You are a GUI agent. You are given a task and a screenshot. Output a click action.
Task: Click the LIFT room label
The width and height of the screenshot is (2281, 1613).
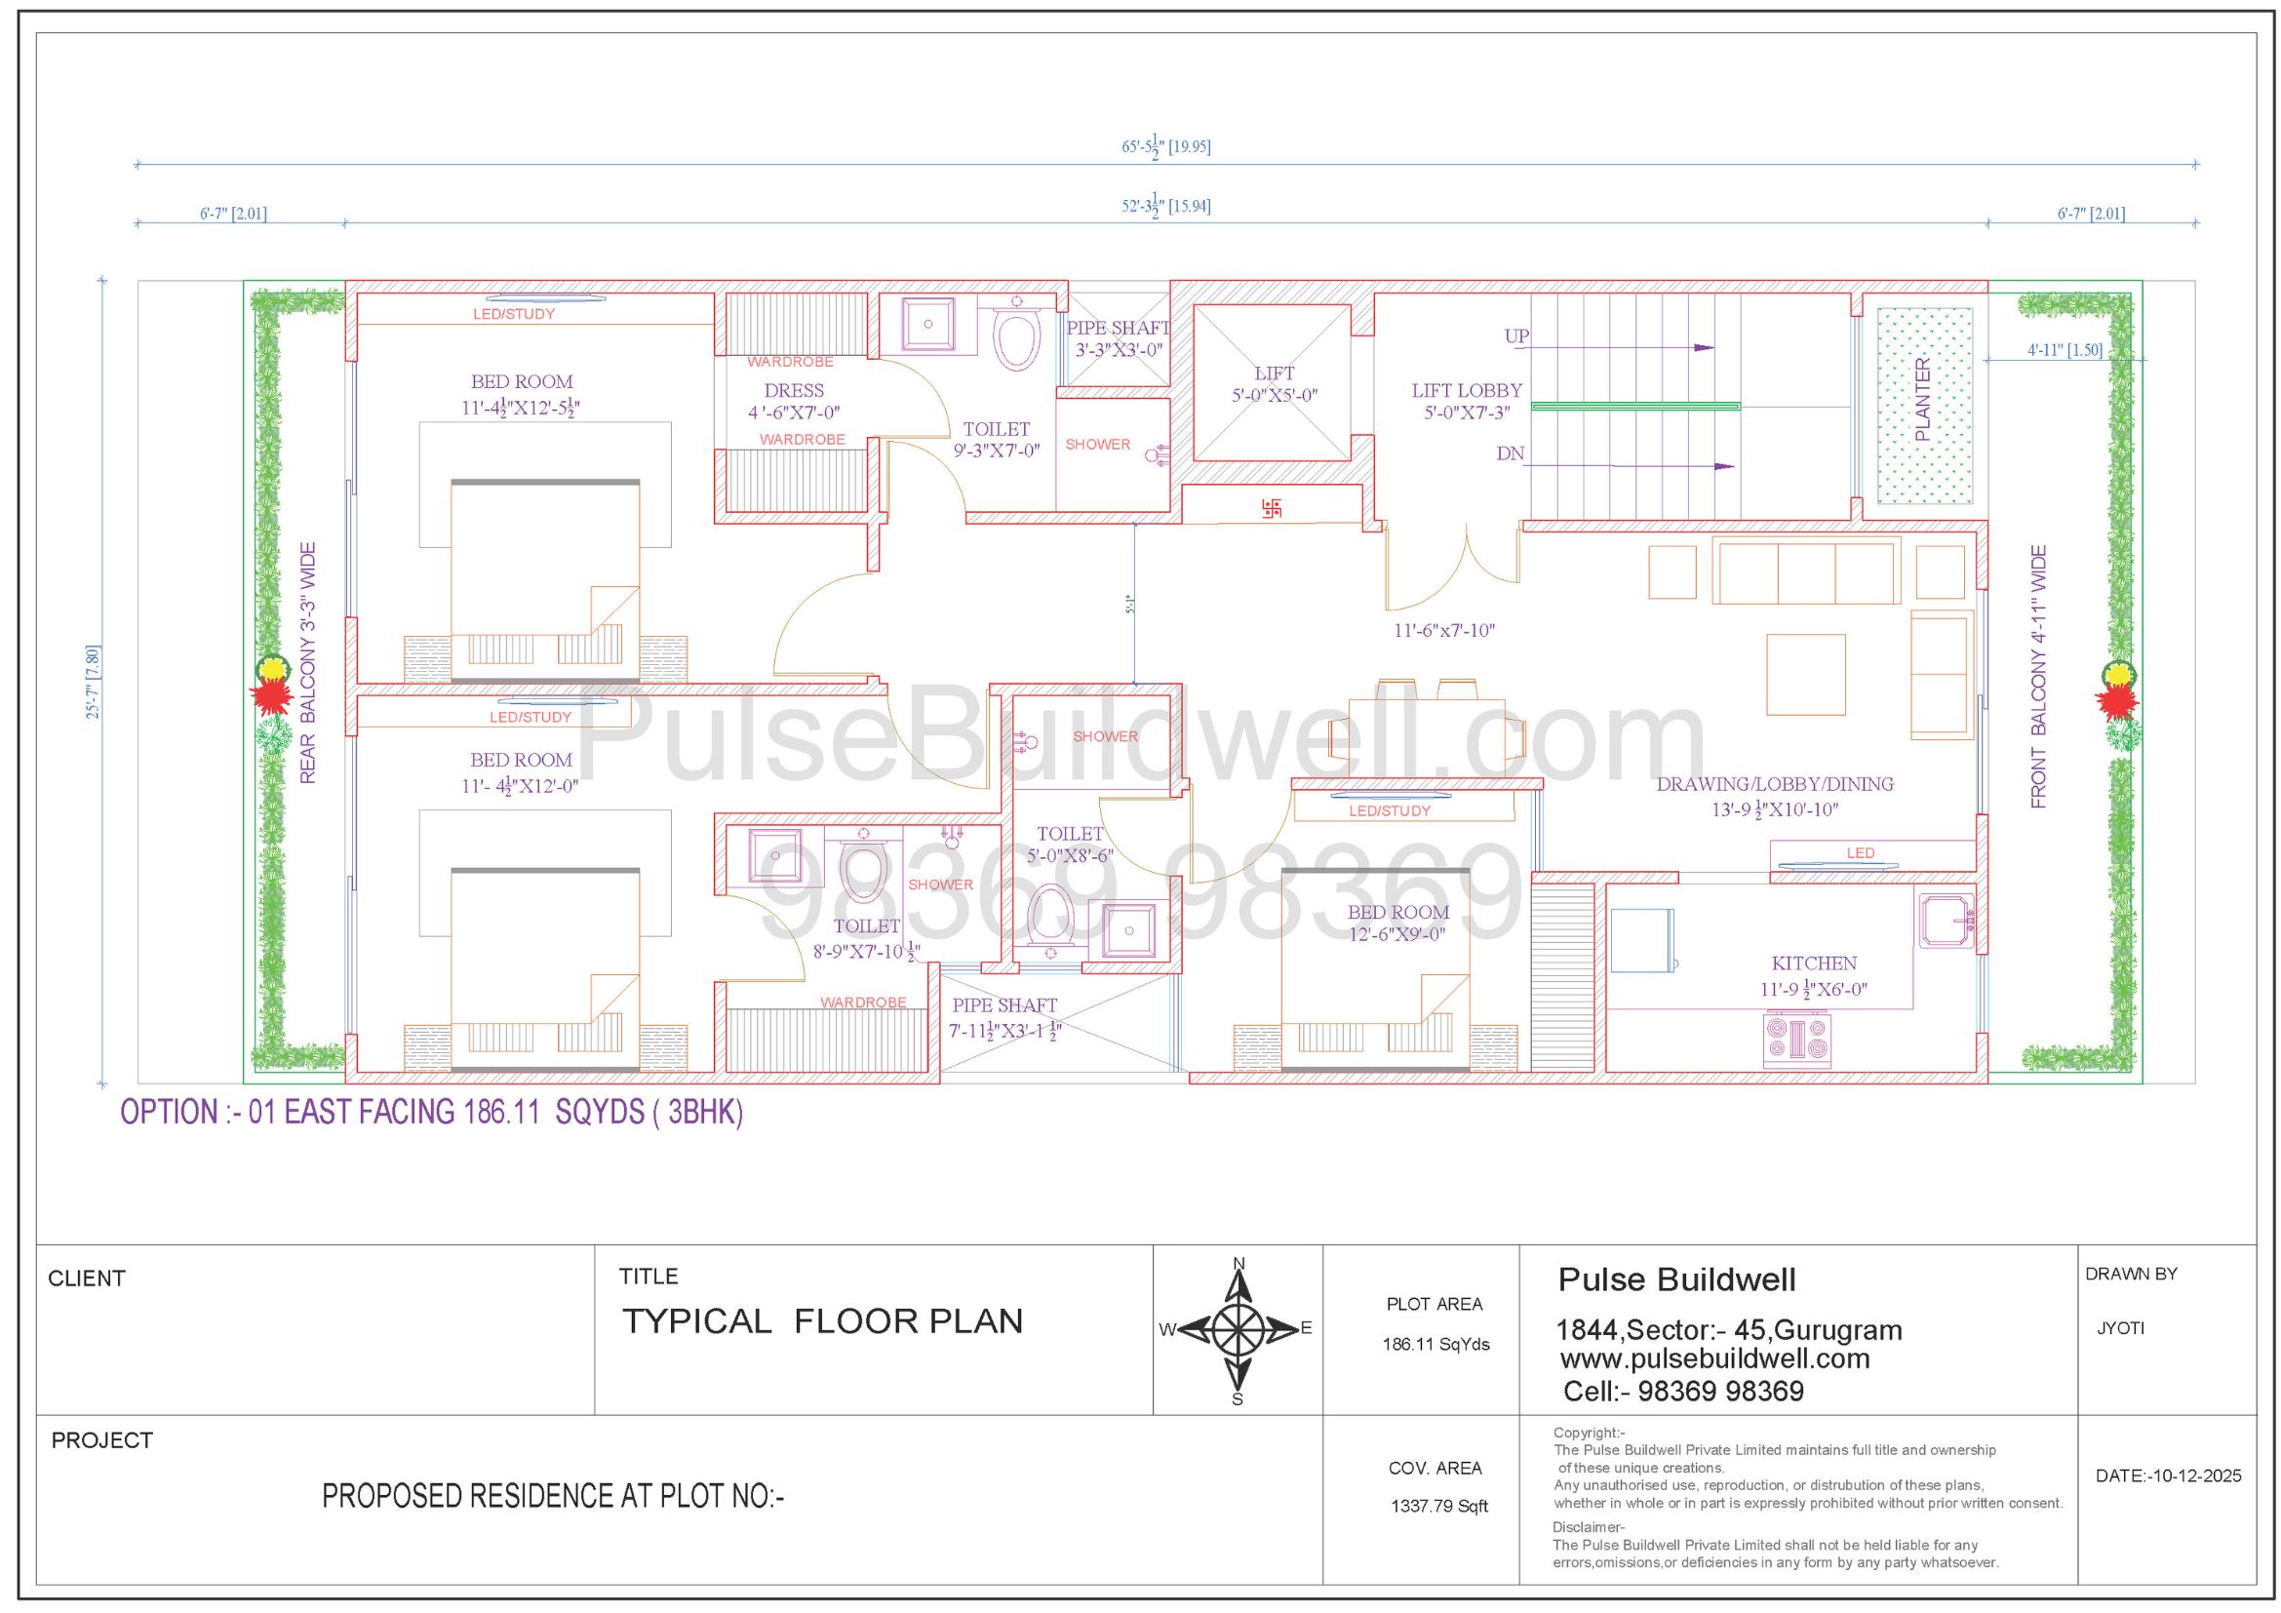pyautogui.click(x=1275, y=374)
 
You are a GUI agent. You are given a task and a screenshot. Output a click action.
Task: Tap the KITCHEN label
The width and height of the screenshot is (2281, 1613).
pyautogui.click(x=1814, y=964)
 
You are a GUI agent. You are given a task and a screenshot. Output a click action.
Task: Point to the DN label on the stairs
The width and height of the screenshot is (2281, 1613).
pyautogui.click(x=1510, y=453)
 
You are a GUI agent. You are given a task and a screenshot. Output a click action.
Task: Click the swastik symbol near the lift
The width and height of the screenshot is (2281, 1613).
pyautogui.click(x=1272, y=507)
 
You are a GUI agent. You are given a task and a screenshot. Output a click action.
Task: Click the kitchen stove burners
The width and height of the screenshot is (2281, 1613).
pyautogui.click(x=1797, y=1040)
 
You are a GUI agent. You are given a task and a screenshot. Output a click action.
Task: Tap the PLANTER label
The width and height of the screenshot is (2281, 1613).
pyautogui.click(x=1921, y=400)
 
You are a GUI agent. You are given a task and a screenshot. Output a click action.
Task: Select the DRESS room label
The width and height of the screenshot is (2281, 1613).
pyautogui.click(x=794, y=391)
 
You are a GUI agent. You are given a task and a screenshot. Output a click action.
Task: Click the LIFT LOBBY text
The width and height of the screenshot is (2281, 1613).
pyautogui.click(x=1467, y=391)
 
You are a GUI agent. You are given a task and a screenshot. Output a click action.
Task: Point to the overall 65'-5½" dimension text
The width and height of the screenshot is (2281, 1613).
pyautogui.click(x=1166, y=147)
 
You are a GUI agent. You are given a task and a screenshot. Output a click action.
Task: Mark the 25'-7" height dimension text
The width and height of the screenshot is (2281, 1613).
pyautogui.click(x=94, y=683)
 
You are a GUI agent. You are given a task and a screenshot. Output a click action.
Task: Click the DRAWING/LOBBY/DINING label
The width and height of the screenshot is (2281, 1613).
pyautogui.click(x=1774, y=784)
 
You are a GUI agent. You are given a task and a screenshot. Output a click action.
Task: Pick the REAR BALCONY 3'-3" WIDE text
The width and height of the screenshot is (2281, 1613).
pyautogui.click(x=307, y=663)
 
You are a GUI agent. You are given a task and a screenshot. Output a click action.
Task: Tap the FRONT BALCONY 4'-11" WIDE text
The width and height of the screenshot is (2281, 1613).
pyautogui.click(x=2038, y=677)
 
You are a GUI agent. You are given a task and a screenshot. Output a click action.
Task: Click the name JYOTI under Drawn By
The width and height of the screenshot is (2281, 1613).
pyautogui.click(x=2120, y=1329)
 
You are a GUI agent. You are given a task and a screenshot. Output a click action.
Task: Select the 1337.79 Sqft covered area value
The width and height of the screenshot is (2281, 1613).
pyautogui.click(x=1439, y=1507)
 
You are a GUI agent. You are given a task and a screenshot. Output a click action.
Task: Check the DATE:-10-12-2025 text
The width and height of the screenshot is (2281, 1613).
pyautogui.click(x=2169, y=1475)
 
